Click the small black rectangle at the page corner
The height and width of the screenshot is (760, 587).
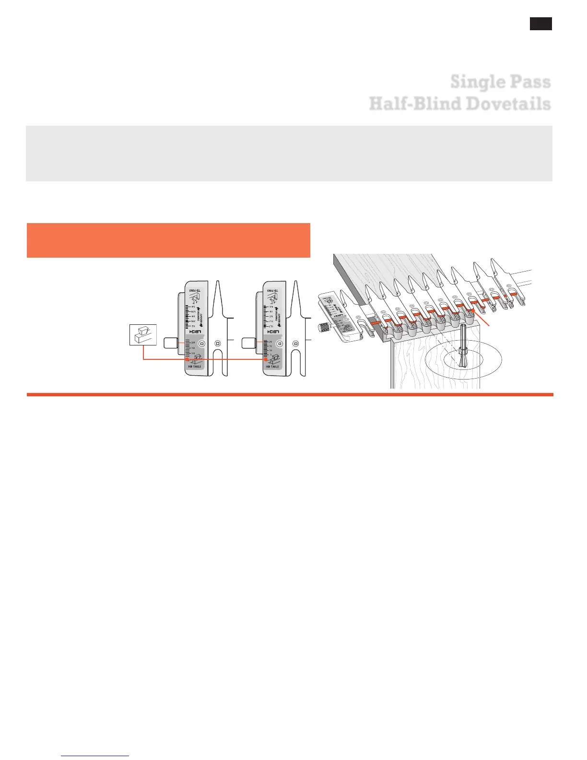540,24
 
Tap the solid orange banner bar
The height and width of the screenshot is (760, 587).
168,240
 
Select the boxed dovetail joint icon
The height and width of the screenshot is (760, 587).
143,334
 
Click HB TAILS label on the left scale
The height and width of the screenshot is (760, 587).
195,367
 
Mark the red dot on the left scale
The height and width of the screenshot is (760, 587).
187,359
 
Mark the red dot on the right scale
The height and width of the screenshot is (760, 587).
265,359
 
